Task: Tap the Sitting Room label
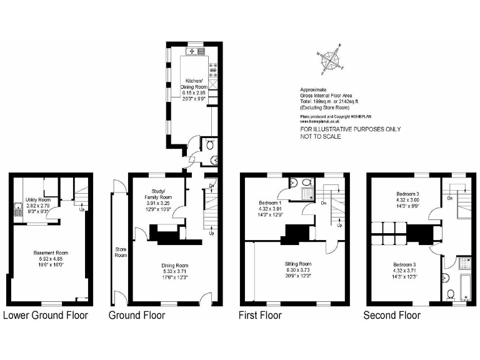(x=297, y=269)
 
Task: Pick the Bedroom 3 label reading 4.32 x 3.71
(x=404, y=269)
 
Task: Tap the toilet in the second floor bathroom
(x=451, y=293)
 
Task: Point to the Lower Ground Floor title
(x=46, y=315)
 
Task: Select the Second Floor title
(x=392, y=315)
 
